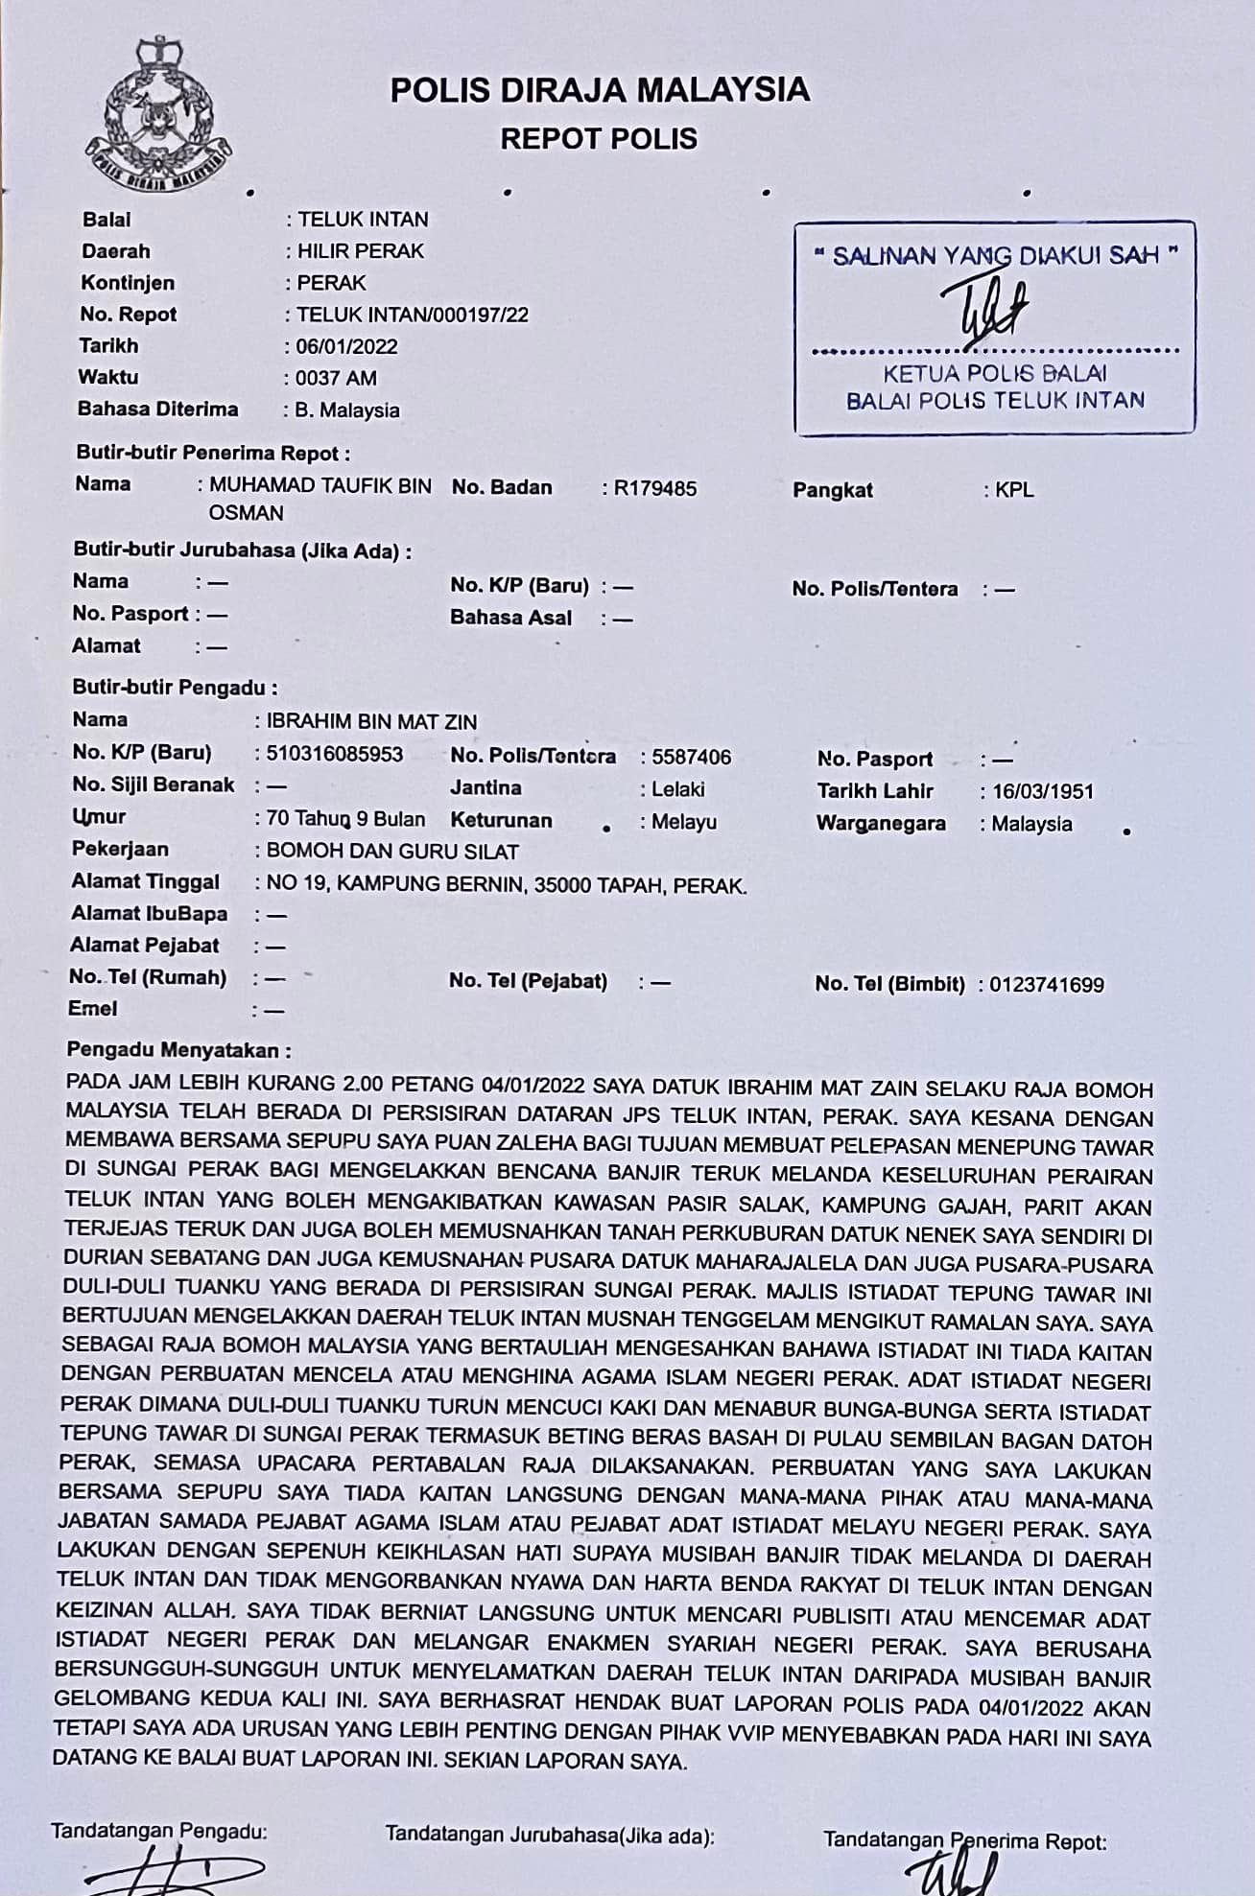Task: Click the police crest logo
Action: tap(157, 116)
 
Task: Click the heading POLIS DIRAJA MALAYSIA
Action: tap(600, 91)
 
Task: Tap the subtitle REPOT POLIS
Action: tap(599, 139)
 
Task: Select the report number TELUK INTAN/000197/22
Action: tap(413, 315)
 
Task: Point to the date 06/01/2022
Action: tap(346, 346)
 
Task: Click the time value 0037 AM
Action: tap(336, 378)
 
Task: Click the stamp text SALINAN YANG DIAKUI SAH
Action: tap(995, 256)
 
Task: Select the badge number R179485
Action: tap(655, 489)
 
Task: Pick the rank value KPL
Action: tap(1014, 490)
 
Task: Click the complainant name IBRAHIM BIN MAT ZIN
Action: tap(371, 722)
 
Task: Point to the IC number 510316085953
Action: tap(335, 755)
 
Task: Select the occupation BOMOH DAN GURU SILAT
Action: tap(392, 852)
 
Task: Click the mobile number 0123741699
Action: tap(1047, 985)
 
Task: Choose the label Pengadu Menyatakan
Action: tap(178, 1050)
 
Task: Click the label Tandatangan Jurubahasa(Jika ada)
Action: tap(550, 1835)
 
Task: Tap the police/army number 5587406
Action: tap(691, 758)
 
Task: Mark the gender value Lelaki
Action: tap(677, 789)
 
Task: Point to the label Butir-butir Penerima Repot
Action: tap(213, 453)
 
